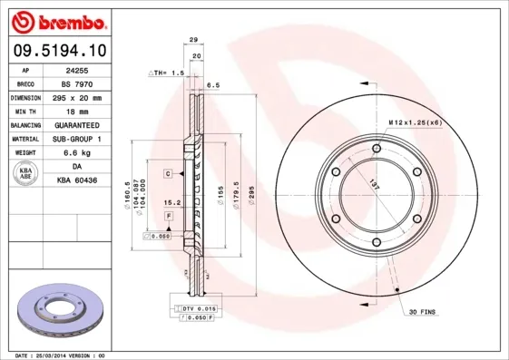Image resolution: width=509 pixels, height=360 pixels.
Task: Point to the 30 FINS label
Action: coord(422,313)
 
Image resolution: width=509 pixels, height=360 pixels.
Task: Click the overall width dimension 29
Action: coord(193,39)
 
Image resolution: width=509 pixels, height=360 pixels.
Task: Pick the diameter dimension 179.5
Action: coord(235,198)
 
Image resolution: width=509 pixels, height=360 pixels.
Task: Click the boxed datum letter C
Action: coord(168,172)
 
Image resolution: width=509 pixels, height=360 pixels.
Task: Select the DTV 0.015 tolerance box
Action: coord(192,309)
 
